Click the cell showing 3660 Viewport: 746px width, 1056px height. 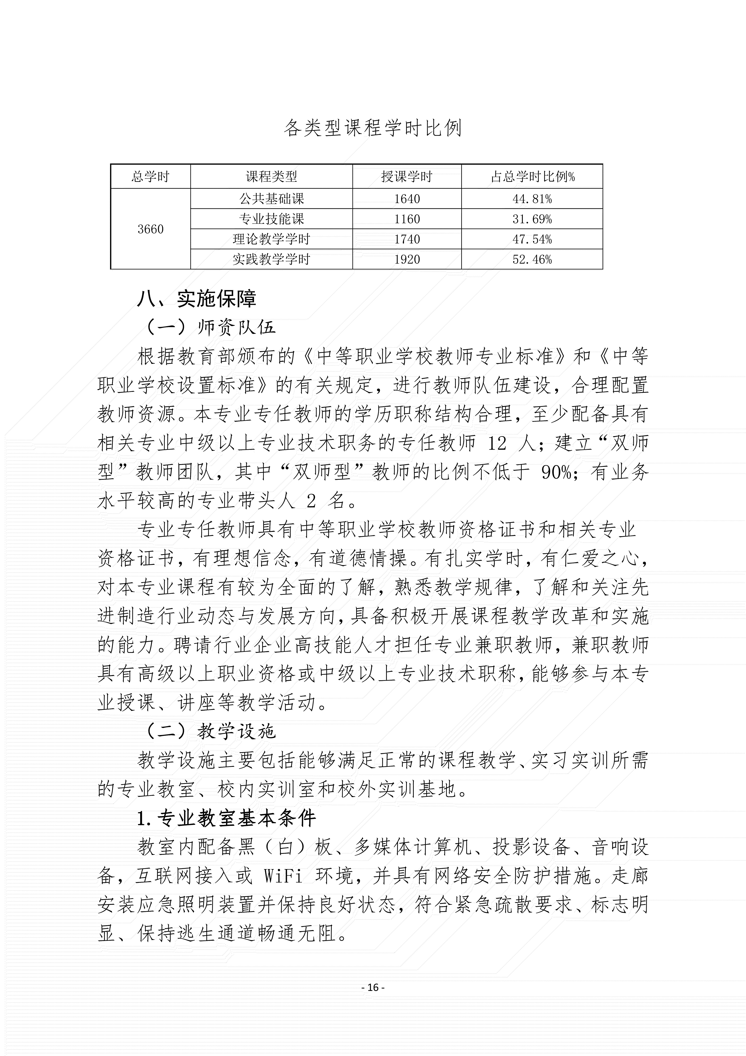coord(150,229)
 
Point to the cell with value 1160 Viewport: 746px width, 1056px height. coord(407,219)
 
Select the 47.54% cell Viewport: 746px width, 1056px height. coord(532,239)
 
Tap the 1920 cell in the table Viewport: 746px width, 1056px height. coord(407,259)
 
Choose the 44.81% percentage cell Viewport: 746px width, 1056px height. coord(532,199)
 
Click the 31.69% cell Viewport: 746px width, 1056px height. coord(532,219)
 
